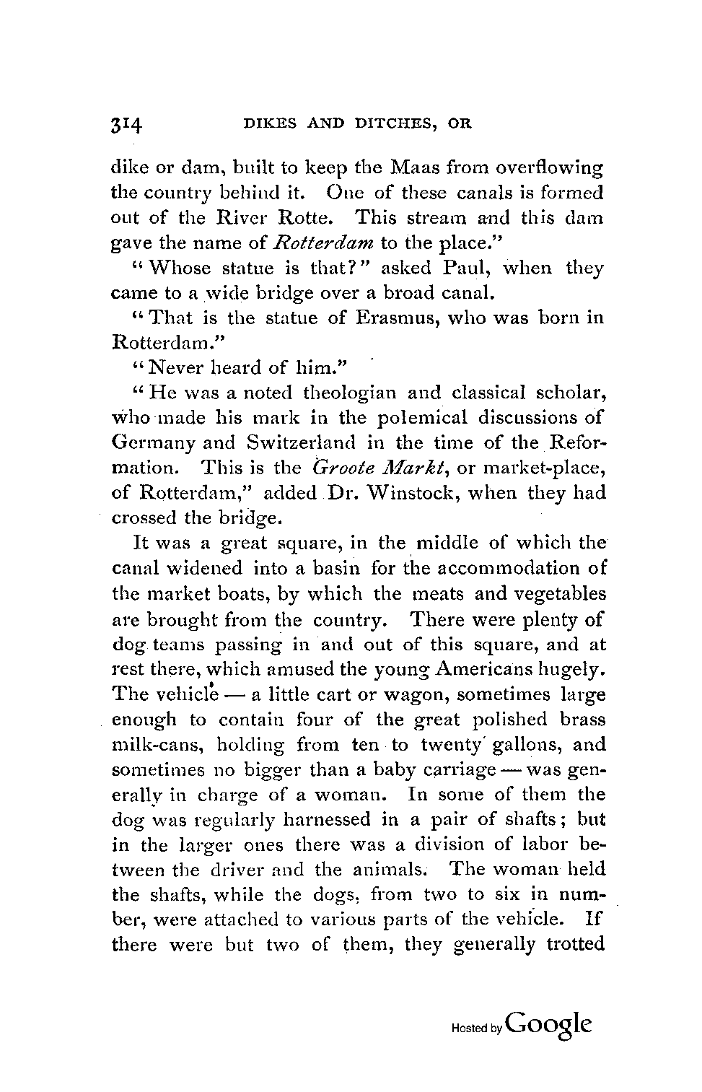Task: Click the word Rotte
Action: coord(321,218)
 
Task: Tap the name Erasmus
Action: coord(390,318)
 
